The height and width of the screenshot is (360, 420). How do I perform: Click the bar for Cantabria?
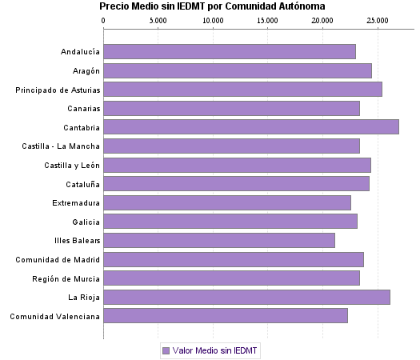click(251, 126)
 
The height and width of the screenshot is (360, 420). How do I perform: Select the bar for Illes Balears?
click(219, 240)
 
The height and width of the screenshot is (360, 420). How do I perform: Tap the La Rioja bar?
click(246, 297)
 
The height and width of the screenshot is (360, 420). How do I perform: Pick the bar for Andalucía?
click(230, 51)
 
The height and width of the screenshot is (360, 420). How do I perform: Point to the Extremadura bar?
click(227, 202)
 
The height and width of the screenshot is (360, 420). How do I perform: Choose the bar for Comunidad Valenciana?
click(226, 316)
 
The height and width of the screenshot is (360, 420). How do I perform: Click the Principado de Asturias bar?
click(243, 89)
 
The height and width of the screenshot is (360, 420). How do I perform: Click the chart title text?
click(212, 6)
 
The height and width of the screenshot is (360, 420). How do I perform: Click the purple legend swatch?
click(166, 350)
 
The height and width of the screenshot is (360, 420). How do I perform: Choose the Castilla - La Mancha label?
click(61, 146)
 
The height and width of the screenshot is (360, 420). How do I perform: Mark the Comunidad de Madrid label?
click(58, 259)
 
